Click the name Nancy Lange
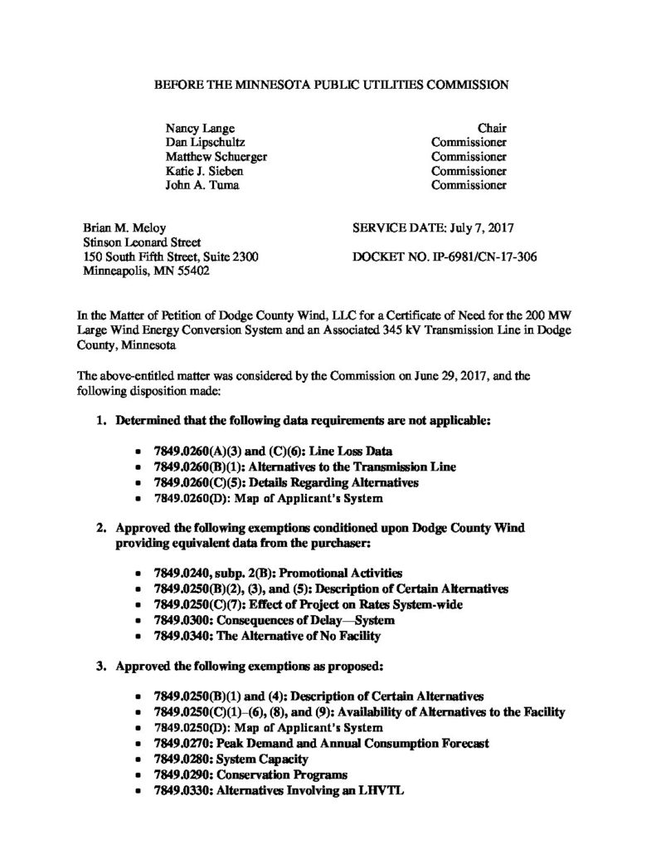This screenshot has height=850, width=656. (200, 129)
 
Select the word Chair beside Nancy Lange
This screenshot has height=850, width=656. (492, 129)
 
